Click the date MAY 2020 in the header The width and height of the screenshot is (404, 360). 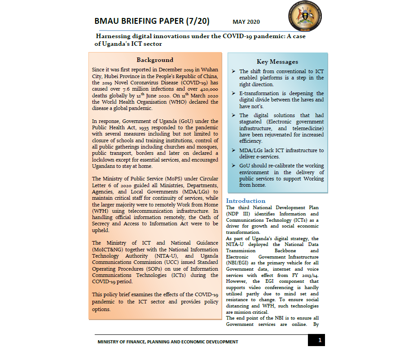246,22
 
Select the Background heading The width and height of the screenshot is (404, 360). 155,60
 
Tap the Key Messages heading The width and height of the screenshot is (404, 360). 277,61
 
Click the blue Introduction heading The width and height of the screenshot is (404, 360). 246,201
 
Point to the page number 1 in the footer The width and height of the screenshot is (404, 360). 320,340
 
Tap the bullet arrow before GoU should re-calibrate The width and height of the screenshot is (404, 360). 234,166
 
